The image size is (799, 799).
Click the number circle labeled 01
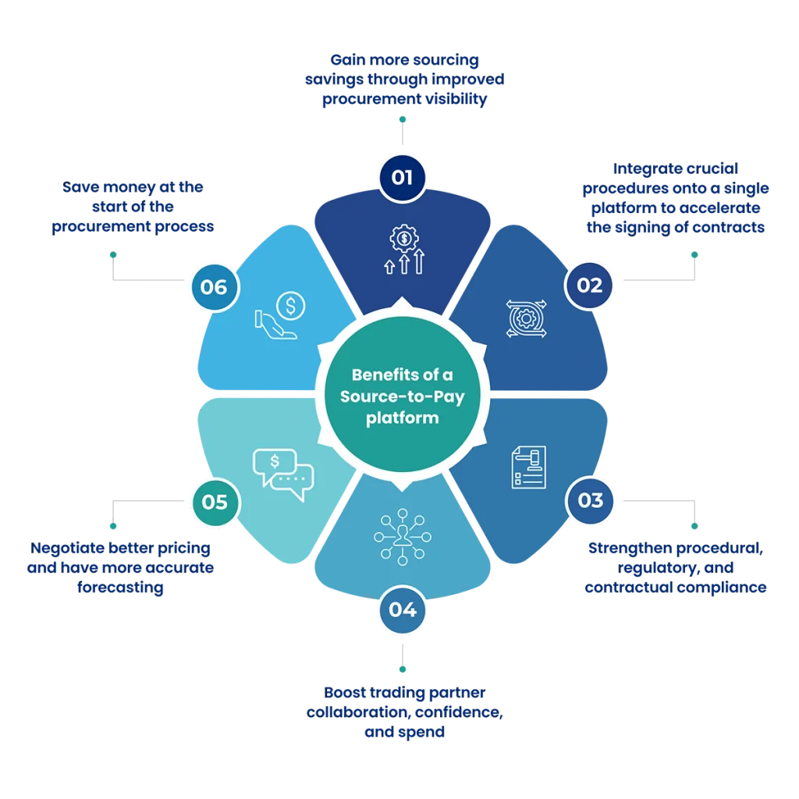pyautogui.click(x=402, y=176)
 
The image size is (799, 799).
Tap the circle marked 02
pyautogui.click(x=590, y=285)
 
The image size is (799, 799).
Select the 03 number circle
pyautogui.click(x=591, y=499)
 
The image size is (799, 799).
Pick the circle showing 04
pyautogui.click(x=402, y=609)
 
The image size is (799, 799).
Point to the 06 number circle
pyautogui.click(x=214, y=287)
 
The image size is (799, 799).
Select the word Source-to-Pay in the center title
pyautogui.click(x=402, y=396)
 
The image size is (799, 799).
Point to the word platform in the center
pyautogui.click(x=402, y=417)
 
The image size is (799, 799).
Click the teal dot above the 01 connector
pyautogui.click(x=402, y=119)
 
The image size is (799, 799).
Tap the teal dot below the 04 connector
pyautogui.click(x=402, y=669)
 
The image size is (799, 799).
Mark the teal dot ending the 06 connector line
pyautogui.click(x=113, y=254)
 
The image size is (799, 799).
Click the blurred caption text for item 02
pyautogui.click(x=676, y=198)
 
